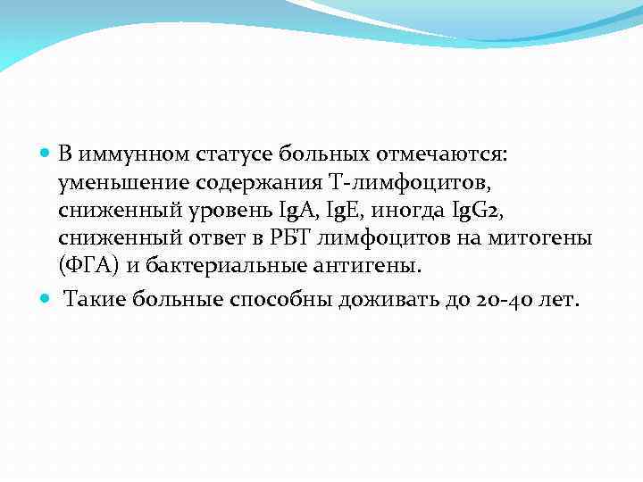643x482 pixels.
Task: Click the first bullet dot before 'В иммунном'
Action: pyautogui.click(x=46, y=154)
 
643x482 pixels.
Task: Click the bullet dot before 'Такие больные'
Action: pyautogui.click(x=46, y=298)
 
